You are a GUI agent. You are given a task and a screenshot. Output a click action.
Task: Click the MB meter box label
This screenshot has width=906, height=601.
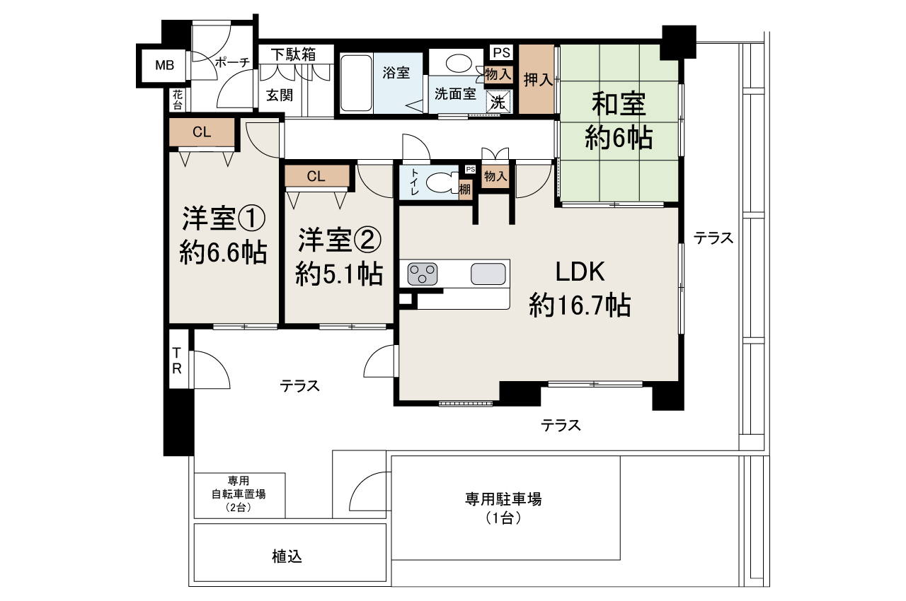(165, 66)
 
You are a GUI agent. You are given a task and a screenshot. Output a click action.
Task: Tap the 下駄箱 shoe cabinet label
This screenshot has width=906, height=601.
(292, 54)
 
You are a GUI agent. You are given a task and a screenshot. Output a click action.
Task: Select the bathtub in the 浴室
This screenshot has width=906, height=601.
(356, 83)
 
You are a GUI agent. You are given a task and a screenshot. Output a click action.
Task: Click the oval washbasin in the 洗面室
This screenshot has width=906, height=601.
(457, 63)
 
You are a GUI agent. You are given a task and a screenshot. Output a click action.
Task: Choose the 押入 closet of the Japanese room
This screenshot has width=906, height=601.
(537, 79)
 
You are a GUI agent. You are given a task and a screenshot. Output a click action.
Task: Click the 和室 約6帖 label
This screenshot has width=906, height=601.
(618, 122)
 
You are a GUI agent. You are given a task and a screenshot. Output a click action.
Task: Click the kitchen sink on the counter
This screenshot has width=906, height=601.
(488, 273)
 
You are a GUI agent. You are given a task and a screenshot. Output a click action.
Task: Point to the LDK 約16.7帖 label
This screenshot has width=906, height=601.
(579, 288)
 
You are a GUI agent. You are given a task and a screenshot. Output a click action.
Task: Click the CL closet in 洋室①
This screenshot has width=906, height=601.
(202, 132)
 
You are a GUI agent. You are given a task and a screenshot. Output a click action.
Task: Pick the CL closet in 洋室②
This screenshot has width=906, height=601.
(316, 177)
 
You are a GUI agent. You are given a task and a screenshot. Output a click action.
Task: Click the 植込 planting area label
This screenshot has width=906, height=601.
(287, 556)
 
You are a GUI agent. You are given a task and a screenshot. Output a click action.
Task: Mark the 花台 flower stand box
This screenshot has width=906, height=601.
(176, 99)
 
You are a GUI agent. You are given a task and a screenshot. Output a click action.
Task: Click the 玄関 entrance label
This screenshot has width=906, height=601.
(280, 95)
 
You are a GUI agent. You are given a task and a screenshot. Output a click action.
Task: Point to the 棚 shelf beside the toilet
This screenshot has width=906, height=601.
(464, 189)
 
